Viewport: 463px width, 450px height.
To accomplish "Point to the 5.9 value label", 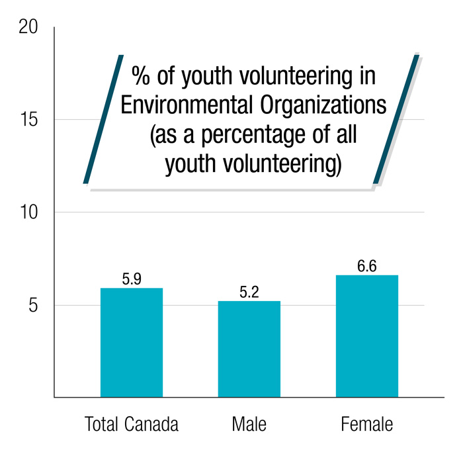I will pyautogui.click(x=132, y=279).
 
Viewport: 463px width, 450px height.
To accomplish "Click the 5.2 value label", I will pyautogui.click(x=249, y=292).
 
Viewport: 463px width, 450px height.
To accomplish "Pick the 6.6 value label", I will pyautogui.click(x=367, y=266).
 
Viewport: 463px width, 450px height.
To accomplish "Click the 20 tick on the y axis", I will pyautogui.click(x=28, y=27).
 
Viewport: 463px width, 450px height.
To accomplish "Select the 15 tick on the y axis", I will pyautogui.click(x=28, y=120).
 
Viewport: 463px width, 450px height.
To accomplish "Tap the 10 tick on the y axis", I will pyautogui.click(x=28, y=212).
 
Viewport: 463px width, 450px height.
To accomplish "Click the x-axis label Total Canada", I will pyautogui.click(x=132, y=424).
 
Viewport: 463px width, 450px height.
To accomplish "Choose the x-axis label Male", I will pyautogui.click(x=249, y=424).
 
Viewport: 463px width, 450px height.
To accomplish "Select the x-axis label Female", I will pyautogui.click(x=367, y=424).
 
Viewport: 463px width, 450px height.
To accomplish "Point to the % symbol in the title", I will pyautogui.click(x=140, y=75).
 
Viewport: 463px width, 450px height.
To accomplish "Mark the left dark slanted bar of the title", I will pyautogui.click(x=105, y=119).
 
